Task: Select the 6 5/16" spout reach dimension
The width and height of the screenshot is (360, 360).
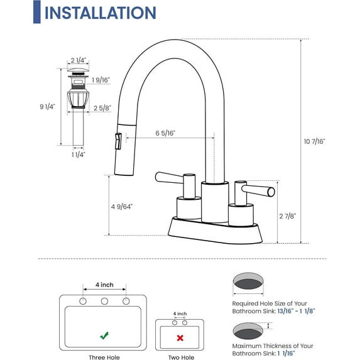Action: point(165,133)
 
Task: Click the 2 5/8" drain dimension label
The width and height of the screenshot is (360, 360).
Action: point(102,109)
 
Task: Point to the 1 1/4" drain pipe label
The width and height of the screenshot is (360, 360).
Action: point(78,154)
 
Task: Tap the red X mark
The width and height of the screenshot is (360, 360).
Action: point(180,337)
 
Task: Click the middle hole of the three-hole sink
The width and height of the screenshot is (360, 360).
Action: point(104,302)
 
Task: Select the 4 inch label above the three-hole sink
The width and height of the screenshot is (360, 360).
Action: point(104,285)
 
